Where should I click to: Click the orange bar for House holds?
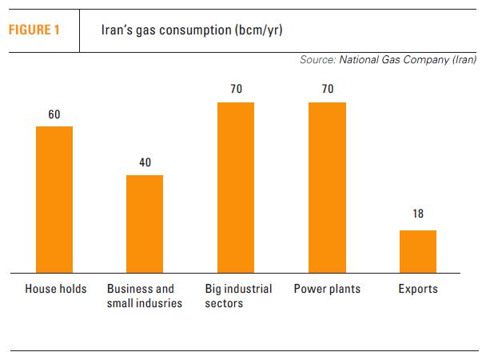[x=54, y=199]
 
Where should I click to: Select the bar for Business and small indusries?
[x=145, y=223]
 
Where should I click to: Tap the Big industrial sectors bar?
[x=236, y=187]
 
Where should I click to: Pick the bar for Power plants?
[x=328, y=187]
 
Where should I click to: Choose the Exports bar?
[x=418, y=251]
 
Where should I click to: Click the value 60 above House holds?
[x=54, y=114]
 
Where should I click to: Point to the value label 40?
[x=145, y=162]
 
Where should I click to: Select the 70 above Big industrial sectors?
[x=236, y=90]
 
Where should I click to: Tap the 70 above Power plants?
[x=328, y=90]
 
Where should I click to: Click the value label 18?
[x=418, y=214]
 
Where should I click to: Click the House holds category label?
[x=56, y=289]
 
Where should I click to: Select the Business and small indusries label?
[x=145, y=296]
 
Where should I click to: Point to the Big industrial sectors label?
[x=238, y=296]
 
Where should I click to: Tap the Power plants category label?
[x=327, y=289]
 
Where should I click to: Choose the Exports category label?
[x=418, y=289]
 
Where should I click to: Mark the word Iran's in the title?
[x=115, y=30]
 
